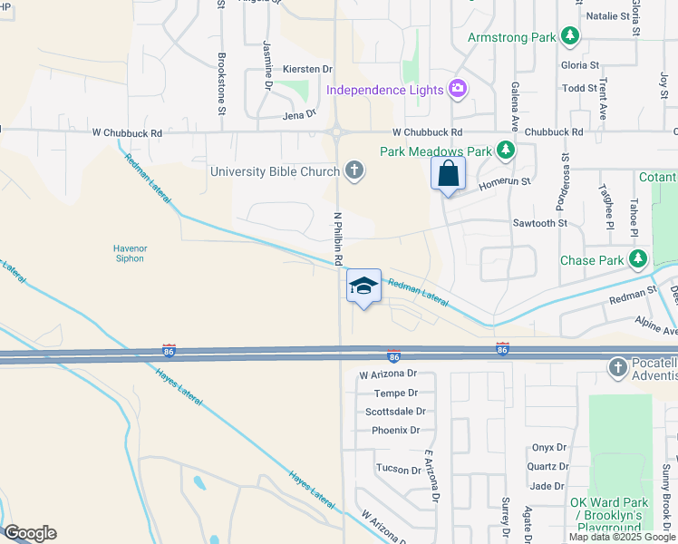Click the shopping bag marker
pyautogui.click(x=448, y=173)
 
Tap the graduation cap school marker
pyautogui.click(x=363, y=286)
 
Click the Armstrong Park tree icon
pyautogui.click(x=570, y=37)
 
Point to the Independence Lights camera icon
pyautogui.click(x=458, y=89)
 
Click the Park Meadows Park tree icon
pyautogui.click(x=506, y=151)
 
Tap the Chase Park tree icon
pyautogui.click(x=639, y=260)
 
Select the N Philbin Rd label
pyautogui.click(x=337, y=238)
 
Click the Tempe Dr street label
pyautogui.click(x=395, y=393)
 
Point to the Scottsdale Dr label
pyautogui.click(x=395, y=411)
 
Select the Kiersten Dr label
pyautogui.click(x=307, y=68)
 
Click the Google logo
pyautogui.click(x=30, y=533)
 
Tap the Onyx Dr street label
pyautogui.click(x=548, y=447)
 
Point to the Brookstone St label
pyautogui.click(x=222, y=83)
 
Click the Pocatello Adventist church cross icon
pyautogui.click(x=618, y=367)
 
